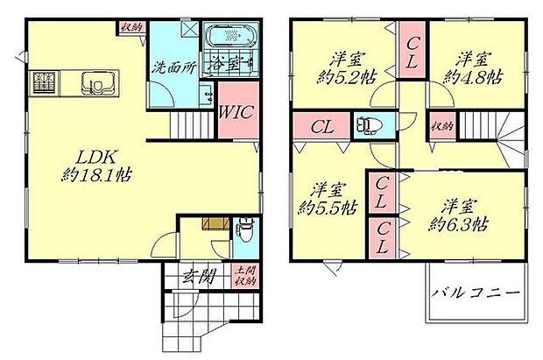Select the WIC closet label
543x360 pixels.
coord(236,111)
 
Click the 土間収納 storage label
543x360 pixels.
coord(245,277)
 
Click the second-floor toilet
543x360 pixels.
coord(364,125)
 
